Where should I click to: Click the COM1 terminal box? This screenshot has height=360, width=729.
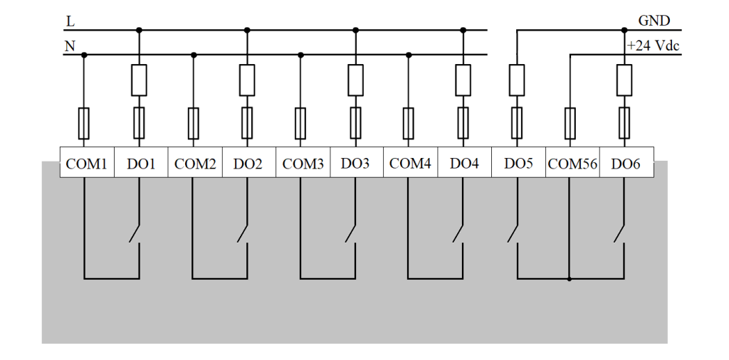[x=87, y=162]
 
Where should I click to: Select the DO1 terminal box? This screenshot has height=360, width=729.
[x=141, y=162]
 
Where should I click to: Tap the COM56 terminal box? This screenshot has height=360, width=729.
[x=572, y=162]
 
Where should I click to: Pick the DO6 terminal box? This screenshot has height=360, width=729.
[x=626, y=162]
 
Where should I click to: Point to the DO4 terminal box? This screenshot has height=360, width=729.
[x=464, y=162]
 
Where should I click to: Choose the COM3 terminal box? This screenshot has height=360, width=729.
[x=303, y=162]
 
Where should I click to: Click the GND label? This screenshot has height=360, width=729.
[x=654, y=21]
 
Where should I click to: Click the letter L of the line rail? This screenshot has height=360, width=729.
[x=70, y=21]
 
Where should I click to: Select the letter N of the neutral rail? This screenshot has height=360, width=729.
[x=70, y=46]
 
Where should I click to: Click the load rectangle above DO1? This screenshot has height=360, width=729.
[x=139, y=80]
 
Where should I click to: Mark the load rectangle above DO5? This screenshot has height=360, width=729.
[x=517, y=80]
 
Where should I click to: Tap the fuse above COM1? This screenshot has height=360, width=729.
[x=84, y=124]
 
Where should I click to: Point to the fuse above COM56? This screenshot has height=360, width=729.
[x=570, y=124]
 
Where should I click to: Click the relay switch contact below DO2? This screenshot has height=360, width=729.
[x=242, y=233]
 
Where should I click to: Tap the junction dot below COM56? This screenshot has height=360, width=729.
[x=570, y=279]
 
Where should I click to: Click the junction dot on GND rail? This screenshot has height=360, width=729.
[x=624, y=30]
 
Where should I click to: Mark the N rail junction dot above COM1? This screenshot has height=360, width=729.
[x=84, y=55]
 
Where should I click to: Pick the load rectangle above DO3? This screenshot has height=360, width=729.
[x=356, y=80]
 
